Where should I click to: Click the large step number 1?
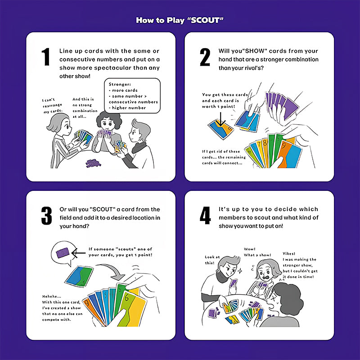(x=46, y=57)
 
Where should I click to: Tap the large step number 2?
(x=205, y=57)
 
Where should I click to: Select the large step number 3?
(x=47, y=216)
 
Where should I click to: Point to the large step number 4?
(x=205, y=216)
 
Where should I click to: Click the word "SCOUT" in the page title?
(x=205, y=20)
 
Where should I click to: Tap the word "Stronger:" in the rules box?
(x=120, y=84)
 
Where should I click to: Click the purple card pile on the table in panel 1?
(x=93, y=163)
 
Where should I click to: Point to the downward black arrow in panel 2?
(x=221, y=119)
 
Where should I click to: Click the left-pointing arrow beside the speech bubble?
(x=78, y=253)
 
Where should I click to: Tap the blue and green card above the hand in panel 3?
(x=79, y=276)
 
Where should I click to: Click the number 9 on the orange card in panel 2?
(x=283, y=146)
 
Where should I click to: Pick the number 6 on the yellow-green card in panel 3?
(x=126, y=298)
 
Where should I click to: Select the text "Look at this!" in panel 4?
(x=212, y=260)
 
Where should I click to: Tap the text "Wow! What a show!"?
(x=257, y=252)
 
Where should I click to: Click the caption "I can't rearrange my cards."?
(x=52, y=106)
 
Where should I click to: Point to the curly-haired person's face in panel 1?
(x=107, y=124)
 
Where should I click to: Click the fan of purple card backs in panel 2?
(x=282, y=104)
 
